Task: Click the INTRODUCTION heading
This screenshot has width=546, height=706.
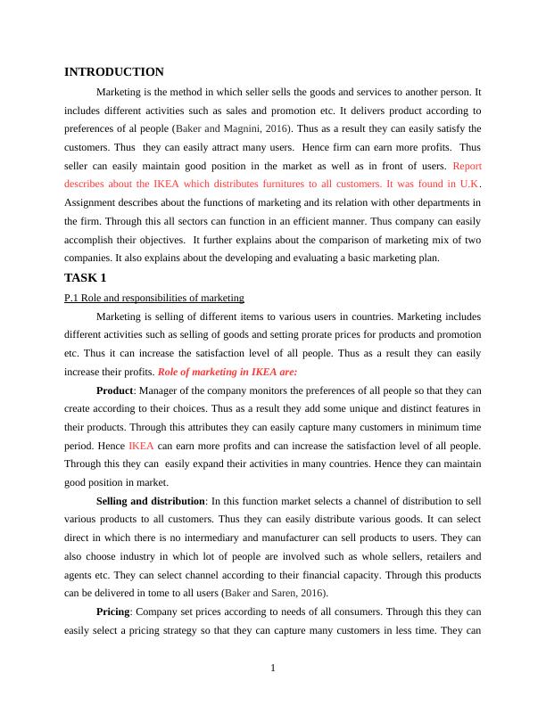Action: point(113,72)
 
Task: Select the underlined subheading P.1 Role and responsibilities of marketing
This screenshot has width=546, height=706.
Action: point(153,298)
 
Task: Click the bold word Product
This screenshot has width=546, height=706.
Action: point(114,390)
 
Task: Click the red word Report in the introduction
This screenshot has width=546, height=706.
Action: point(467,166)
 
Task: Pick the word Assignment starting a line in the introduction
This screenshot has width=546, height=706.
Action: point(94,203)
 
